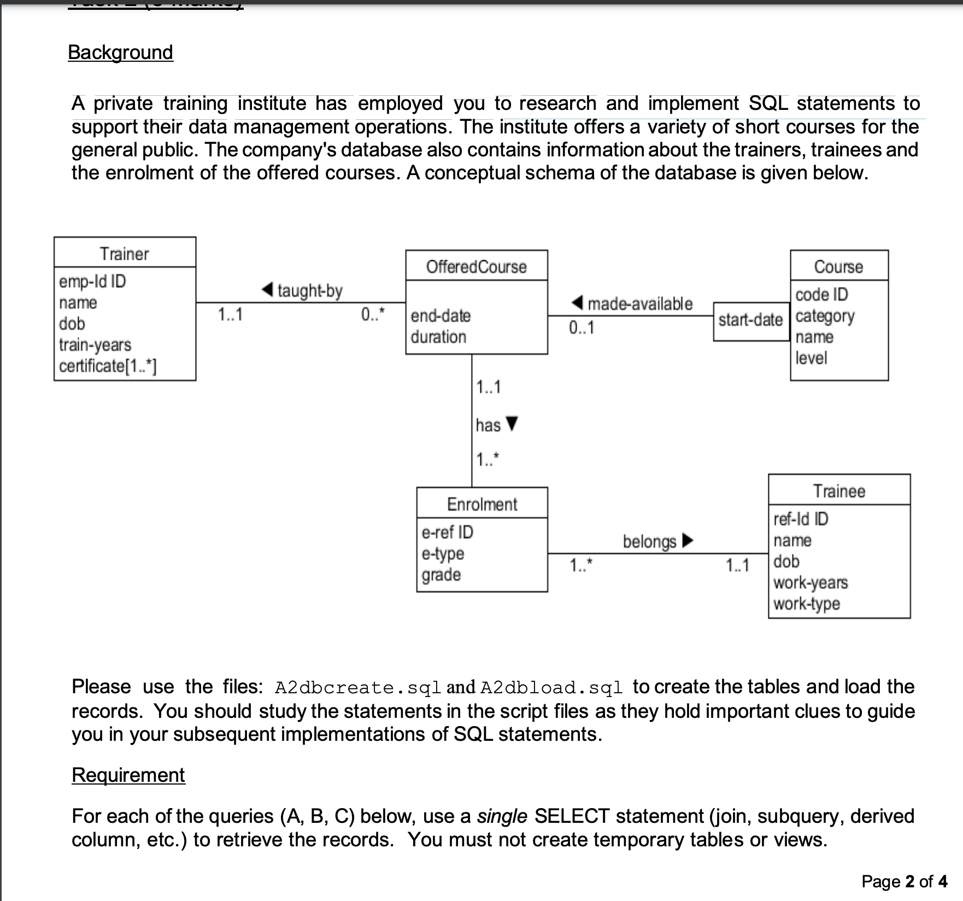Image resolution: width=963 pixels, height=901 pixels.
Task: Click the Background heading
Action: tap(120, 52)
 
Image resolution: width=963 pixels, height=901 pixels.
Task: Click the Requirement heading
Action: tap(128, 775)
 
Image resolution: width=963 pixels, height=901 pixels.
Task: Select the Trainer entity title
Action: tap(124, 254)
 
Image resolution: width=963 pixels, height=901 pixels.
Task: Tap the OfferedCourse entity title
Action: tap(476, 267)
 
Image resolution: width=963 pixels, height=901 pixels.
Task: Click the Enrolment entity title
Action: tap(481, 504)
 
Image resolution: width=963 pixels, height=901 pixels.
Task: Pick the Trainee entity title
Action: tap(839, 491)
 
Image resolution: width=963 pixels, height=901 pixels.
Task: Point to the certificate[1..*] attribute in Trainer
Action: tap(108, 366)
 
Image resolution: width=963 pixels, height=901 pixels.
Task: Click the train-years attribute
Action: tap(95, 345)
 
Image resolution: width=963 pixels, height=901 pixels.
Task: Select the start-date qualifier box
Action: tap(750, 320)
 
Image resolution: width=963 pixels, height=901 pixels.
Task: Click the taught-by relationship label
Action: tap(309, 290)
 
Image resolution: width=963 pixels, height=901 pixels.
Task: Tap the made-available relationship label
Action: tap(639, 303)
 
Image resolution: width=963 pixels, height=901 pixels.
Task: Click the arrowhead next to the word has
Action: tap(512, 424)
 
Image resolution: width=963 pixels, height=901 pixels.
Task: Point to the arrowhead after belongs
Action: tap(688, 541)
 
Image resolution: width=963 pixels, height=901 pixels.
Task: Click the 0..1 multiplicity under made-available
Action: tap(581, 327)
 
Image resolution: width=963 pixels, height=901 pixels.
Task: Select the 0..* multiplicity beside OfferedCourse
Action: tap(373, 315)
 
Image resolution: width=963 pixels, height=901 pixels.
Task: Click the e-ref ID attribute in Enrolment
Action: tap(447, 532)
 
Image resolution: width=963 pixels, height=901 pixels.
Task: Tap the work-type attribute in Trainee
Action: tap(807, 604)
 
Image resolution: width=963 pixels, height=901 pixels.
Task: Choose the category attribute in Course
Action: tap(825, 316)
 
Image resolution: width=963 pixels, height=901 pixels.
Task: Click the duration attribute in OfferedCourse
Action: tap(438, 337)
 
